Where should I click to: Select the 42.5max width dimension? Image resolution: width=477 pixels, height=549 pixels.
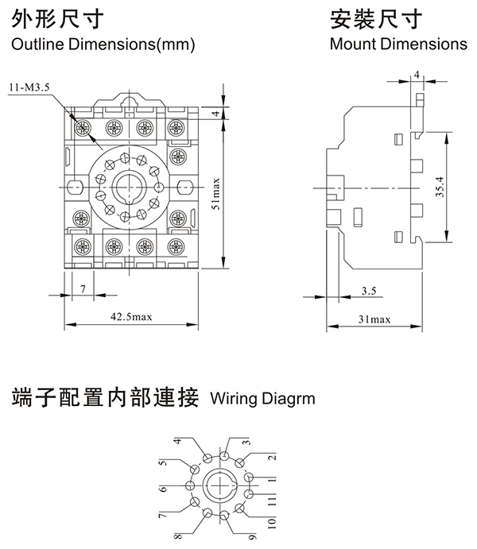pos(131,318)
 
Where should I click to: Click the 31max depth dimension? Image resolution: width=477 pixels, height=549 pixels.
pos(374,318)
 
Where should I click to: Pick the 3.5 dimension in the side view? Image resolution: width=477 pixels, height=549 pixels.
pos(369,291)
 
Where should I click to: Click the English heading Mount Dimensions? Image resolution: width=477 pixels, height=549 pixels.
pos(398,44)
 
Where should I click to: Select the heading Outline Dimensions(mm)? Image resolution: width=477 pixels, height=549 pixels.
pos(103,44)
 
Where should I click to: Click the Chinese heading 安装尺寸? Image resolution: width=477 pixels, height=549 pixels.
pos(366,17)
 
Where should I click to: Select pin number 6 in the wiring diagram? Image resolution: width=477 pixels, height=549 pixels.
pos(163,487)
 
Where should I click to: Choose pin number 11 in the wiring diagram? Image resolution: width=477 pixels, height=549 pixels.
pos(271,500)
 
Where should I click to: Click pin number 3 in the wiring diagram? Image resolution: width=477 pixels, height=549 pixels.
pos(246,442)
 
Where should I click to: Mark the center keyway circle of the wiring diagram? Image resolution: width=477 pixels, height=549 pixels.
pos(219,485)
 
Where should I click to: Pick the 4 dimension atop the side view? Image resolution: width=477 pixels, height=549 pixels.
pos(417,75)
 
